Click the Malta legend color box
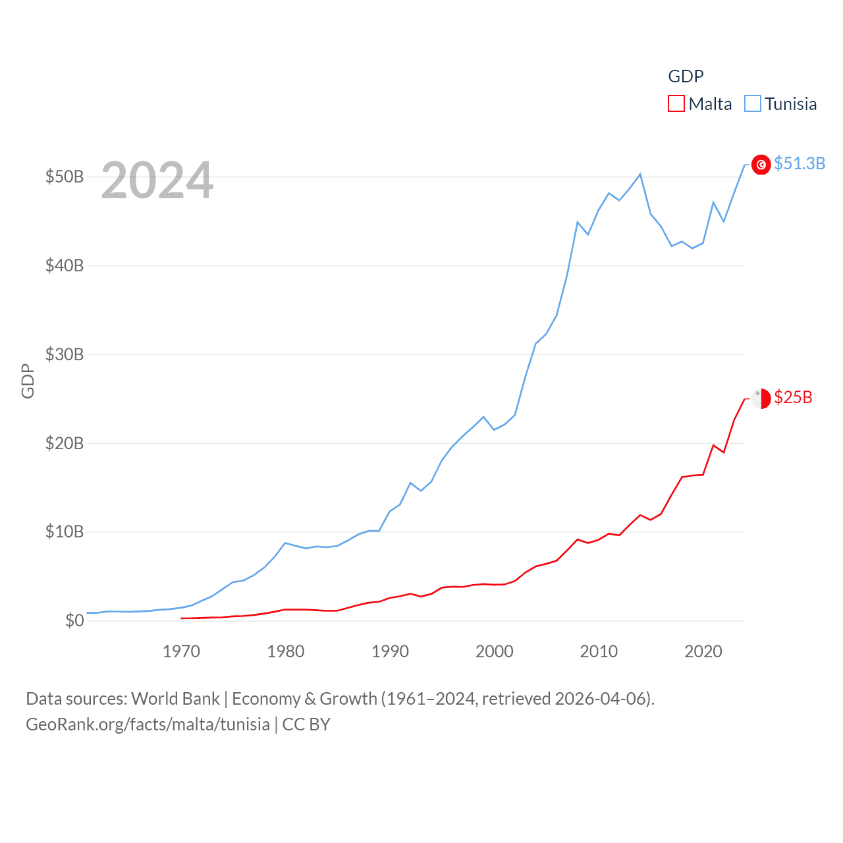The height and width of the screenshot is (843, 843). (676, 104)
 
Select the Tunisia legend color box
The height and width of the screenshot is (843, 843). (753, 104)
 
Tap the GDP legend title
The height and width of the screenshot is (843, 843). (686, 76)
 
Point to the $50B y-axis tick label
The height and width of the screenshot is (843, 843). (65, 177)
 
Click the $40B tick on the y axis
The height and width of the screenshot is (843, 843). (65, 265)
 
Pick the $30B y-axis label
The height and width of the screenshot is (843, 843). (65, 354)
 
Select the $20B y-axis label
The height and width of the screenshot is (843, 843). (65, 443)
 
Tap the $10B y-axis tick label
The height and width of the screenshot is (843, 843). (65, 531)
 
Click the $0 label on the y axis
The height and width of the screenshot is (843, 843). (74, 620)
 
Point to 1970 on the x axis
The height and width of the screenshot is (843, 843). (181, 651)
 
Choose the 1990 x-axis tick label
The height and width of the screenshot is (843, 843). (390, 651)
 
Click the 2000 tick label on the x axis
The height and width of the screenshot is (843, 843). (495, 651)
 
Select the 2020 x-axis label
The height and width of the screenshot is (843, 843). (703, 651)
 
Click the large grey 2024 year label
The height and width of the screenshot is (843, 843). (157, 180)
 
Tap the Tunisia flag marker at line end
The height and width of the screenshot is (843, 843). (761, 165)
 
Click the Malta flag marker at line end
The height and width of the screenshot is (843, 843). (761, 398)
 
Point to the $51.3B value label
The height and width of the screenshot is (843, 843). (800, 163)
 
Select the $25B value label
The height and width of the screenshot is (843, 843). (793, 397)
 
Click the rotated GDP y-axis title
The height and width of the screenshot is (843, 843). (28, 381)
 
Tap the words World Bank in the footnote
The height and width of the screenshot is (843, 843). (175, 698)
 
